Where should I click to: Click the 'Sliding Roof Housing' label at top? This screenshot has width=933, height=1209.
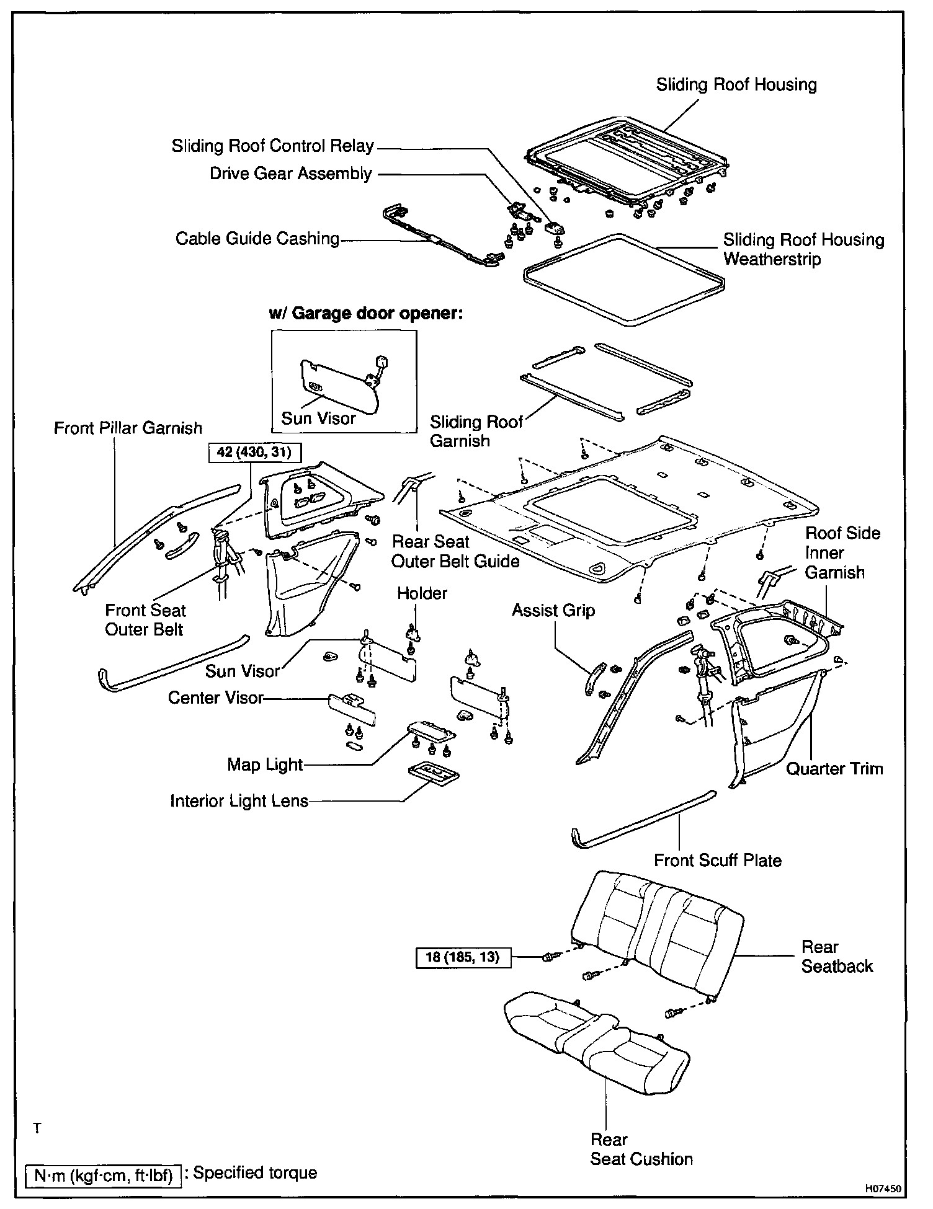(x=736, y=85)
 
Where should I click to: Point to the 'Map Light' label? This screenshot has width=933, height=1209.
(x=265, y=764)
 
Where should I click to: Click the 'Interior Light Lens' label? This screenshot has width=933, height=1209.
(x=239, y=801)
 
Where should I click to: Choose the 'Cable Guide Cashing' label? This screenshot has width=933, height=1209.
(x=257, y=239)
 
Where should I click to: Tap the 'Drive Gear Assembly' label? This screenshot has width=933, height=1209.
(x=290, y=174)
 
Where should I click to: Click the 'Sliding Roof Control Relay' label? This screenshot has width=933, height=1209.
(x=273, y=146)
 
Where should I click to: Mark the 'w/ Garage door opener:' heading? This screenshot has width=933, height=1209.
(x=366, y=313)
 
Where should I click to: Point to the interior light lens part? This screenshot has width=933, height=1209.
(x=434, y=773)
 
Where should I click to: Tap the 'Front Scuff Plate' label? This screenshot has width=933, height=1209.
(x=718, y=861)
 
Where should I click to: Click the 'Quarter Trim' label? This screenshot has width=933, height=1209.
(x=834, y=769)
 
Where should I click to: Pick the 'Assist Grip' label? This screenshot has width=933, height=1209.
(x=553, y=611)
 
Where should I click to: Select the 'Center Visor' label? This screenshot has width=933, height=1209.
(x=216, y=698)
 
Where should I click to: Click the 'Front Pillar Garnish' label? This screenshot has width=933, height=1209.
(x=128, y=428)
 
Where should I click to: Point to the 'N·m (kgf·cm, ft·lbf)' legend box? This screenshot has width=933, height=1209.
(x=103, y=1176)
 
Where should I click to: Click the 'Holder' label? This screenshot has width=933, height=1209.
(x=422, y=593)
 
